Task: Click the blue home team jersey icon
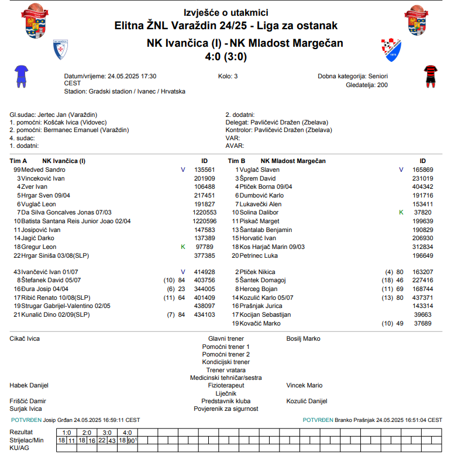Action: [x=21, y=76]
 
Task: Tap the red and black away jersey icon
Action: [x=431, y=76]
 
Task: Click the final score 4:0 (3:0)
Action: [x=225, y=57]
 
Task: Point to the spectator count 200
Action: [x=382, y=85]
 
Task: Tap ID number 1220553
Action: [x=205, y=213]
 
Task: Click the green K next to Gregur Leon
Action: [x=183, y=247]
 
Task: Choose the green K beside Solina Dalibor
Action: [x=401, y=213]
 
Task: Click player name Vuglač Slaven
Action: [x=259, y=169]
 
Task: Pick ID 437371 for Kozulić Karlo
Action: [x=423, y=297]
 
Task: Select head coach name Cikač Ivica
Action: [x=25, y=338]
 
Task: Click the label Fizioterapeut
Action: [x=226, y=386]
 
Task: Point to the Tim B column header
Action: [x=236, y=161]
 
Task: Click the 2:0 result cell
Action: [x=87, y=432]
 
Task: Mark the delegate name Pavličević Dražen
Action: [x=278, y=123]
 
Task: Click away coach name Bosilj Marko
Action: [x=303, y=338]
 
